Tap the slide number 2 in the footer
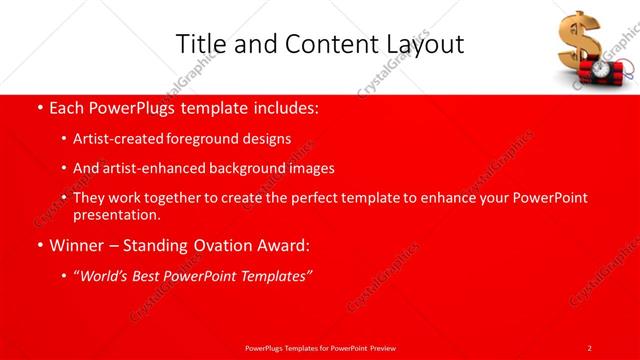click(x=590, y=347)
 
